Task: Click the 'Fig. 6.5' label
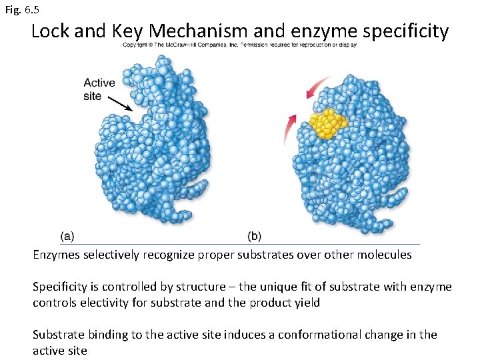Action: click(21, 10)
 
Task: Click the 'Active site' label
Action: click(99, 89)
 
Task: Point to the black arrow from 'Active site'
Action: click(119, 103)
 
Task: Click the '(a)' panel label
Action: click(67, 235)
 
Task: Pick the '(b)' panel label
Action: click(254, 235)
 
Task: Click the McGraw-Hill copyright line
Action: click(239, 45)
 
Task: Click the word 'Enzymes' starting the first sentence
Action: click(57, 255)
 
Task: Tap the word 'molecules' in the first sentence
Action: click(386, 255)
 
